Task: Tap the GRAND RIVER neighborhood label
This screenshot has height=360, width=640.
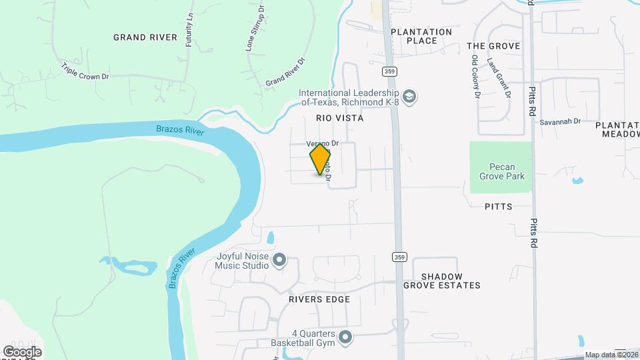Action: [145, 37]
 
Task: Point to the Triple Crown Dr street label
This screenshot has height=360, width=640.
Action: [85, 72]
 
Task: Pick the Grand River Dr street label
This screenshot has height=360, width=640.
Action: [285, 72]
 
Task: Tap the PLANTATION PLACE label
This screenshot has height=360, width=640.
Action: [421, 36]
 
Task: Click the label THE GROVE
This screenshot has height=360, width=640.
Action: [493, 46]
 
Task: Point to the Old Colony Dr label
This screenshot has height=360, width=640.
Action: [475, 77]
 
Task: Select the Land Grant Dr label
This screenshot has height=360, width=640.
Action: [499, 79]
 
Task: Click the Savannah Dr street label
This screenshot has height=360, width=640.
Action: [561, 122]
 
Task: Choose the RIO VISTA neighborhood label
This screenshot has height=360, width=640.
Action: [339, 118]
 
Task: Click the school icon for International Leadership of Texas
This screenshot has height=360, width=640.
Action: [410, 97]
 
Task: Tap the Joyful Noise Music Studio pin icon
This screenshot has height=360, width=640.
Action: [279, 259]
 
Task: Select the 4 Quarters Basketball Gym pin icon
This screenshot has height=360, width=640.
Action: [345, 337]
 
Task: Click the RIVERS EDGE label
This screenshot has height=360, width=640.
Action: [319, 299]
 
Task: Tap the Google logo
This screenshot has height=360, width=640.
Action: [23, 351]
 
